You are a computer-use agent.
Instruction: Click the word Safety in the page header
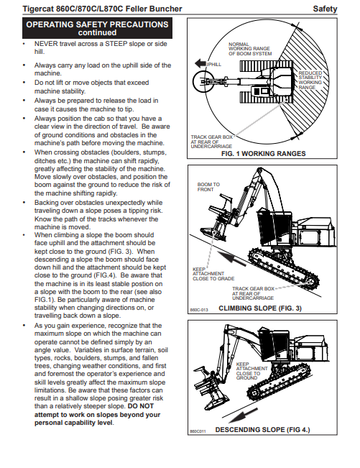325,9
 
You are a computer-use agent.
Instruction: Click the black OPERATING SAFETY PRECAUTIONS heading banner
97,28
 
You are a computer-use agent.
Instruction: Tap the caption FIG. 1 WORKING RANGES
264,153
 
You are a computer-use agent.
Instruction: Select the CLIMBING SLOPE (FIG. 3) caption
260,308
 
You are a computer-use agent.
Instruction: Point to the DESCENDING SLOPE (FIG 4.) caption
262,429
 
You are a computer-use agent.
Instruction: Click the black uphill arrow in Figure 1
200,63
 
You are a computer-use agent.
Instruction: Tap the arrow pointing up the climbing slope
231,257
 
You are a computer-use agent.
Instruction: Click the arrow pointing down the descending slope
244,416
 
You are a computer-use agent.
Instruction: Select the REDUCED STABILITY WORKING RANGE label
310,80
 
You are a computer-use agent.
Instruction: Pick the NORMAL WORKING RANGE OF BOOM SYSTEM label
250,49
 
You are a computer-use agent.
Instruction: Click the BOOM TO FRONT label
208,187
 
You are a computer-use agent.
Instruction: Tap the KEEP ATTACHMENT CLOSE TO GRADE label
213,274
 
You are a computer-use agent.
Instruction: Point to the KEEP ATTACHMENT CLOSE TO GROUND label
251,371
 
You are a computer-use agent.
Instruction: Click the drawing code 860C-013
199,310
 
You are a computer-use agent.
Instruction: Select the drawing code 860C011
198,431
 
